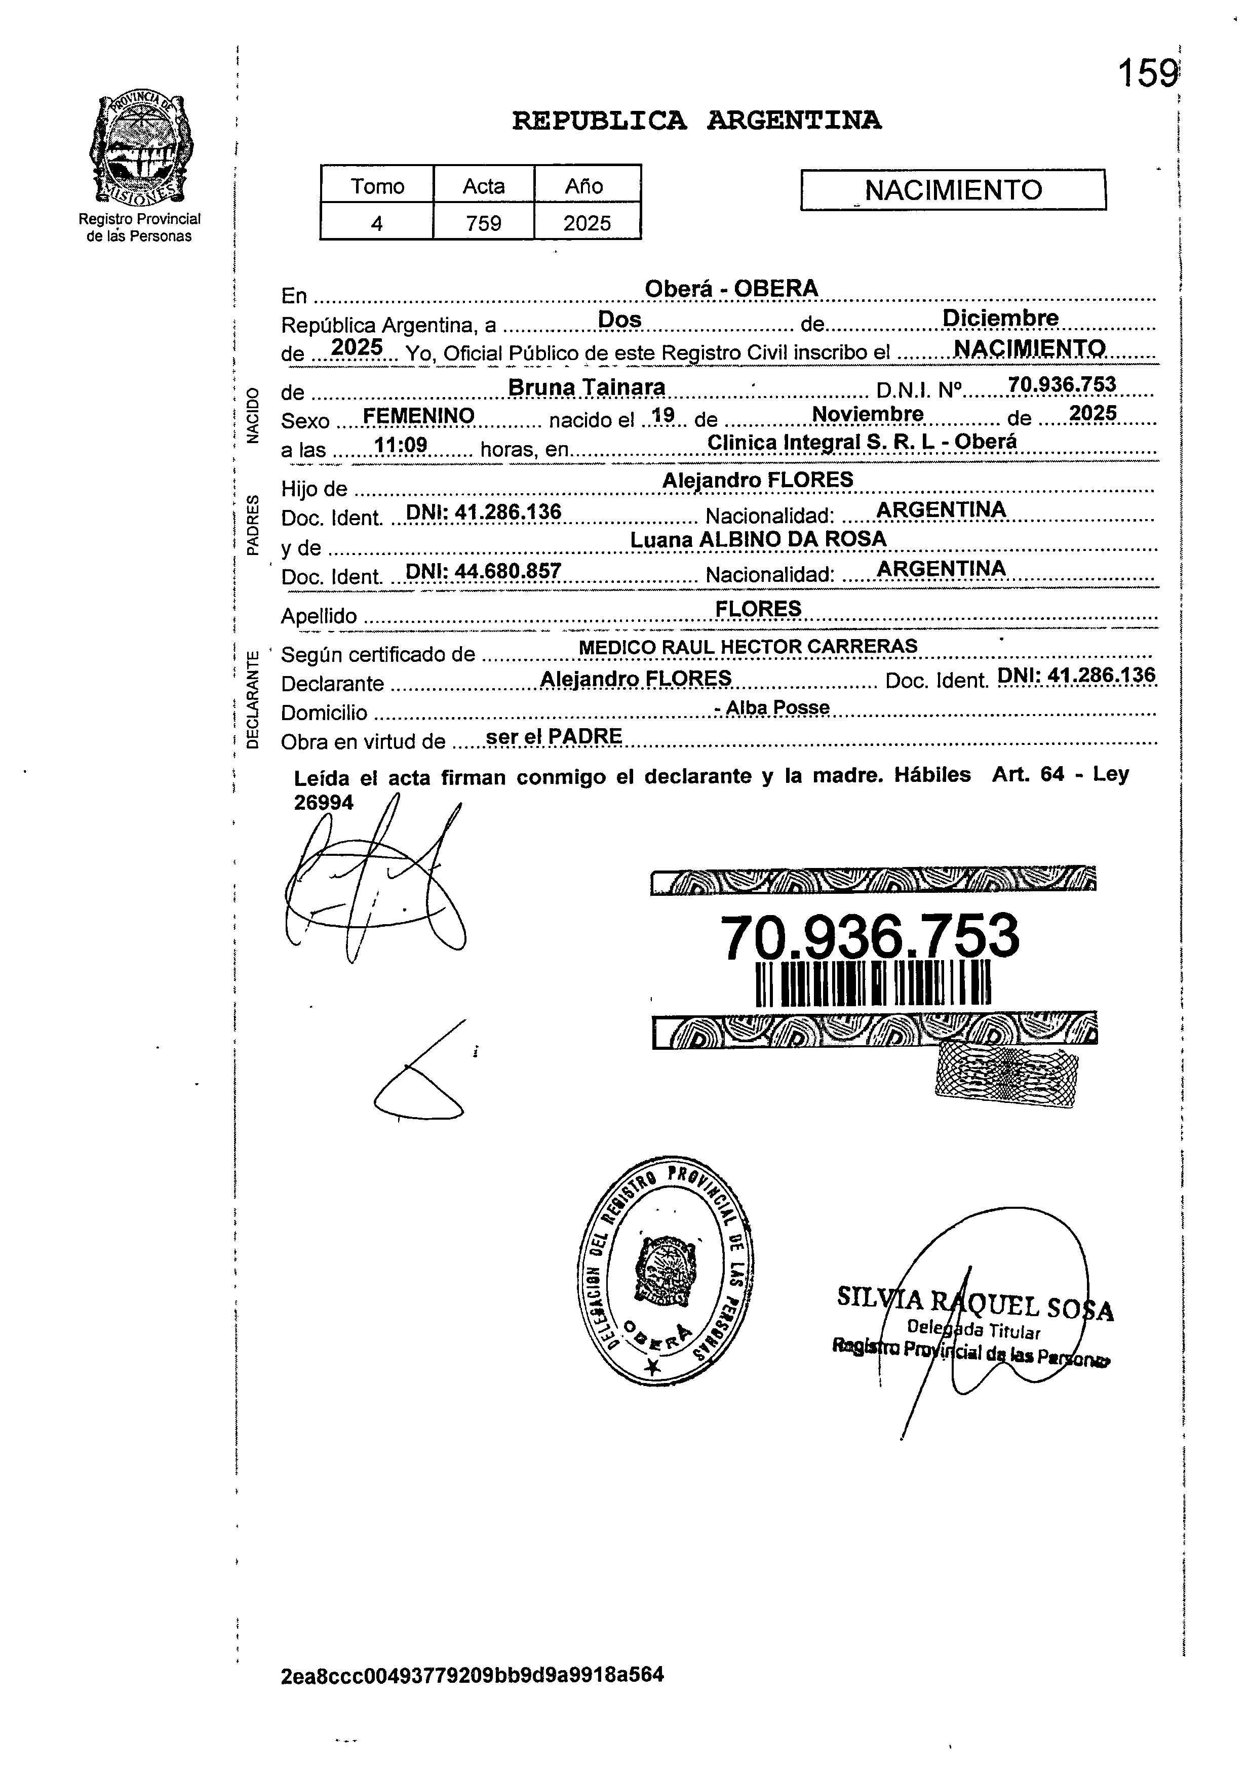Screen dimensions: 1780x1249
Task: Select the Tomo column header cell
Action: [377, 186]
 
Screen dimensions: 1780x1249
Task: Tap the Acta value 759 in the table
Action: [484, 223]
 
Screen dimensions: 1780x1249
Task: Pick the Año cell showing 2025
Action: [587, 223]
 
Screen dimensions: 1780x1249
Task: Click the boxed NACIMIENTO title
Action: [953, 190]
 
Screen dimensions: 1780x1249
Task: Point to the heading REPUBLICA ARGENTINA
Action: [696, 121]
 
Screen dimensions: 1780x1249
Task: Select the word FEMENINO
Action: [419, 416]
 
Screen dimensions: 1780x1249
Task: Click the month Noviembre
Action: [867, 414]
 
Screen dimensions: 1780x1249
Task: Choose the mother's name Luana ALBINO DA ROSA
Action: [758, 539]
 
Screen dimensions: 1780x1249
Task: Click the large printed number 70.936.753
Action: [870, 936]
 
